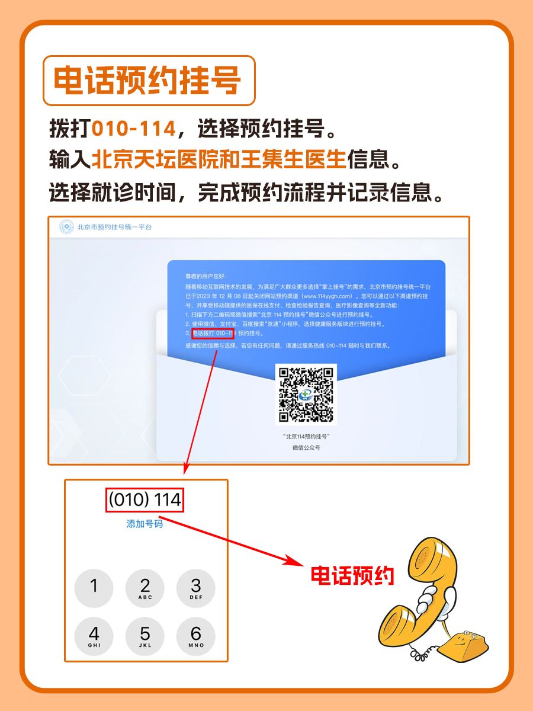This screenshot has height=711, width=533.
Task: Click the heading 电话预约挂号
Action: (148, 81)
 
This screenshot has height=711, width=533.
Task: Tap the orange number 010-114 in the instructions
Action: (134, 129)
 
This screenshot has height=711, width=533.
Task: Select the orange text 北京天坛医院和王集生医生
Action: (218, 159)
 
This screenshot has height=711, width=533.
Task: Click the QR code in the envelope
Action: (306, 393)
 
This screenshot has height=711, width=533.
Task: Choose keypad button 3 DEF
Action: (196, 588)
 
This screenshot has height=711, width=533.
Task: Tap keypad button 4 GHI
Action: (94, 636)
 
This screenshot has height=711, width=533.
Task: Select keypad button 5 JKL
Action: (145, 636)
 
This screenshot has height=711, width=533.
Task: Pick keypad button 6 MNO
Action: (196, 636)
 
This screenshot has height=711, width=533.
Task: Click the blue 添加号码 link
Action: (145, 524)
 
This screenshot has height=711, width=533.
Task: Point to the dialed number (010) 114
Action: (145, 500)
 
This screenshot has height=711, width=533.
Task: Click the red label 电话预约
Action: (353, 575)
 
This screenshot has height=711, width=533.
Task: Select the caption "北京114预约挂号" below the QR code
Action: (306, 436)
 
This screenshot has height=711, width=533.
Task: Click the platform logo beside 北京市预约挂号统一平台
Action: (66, 227)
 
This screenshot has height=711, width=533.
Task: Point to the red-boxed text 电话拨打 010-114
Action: (213, 334)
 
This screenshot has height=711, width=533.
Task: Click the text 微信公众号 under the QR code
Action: (306, 448)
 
